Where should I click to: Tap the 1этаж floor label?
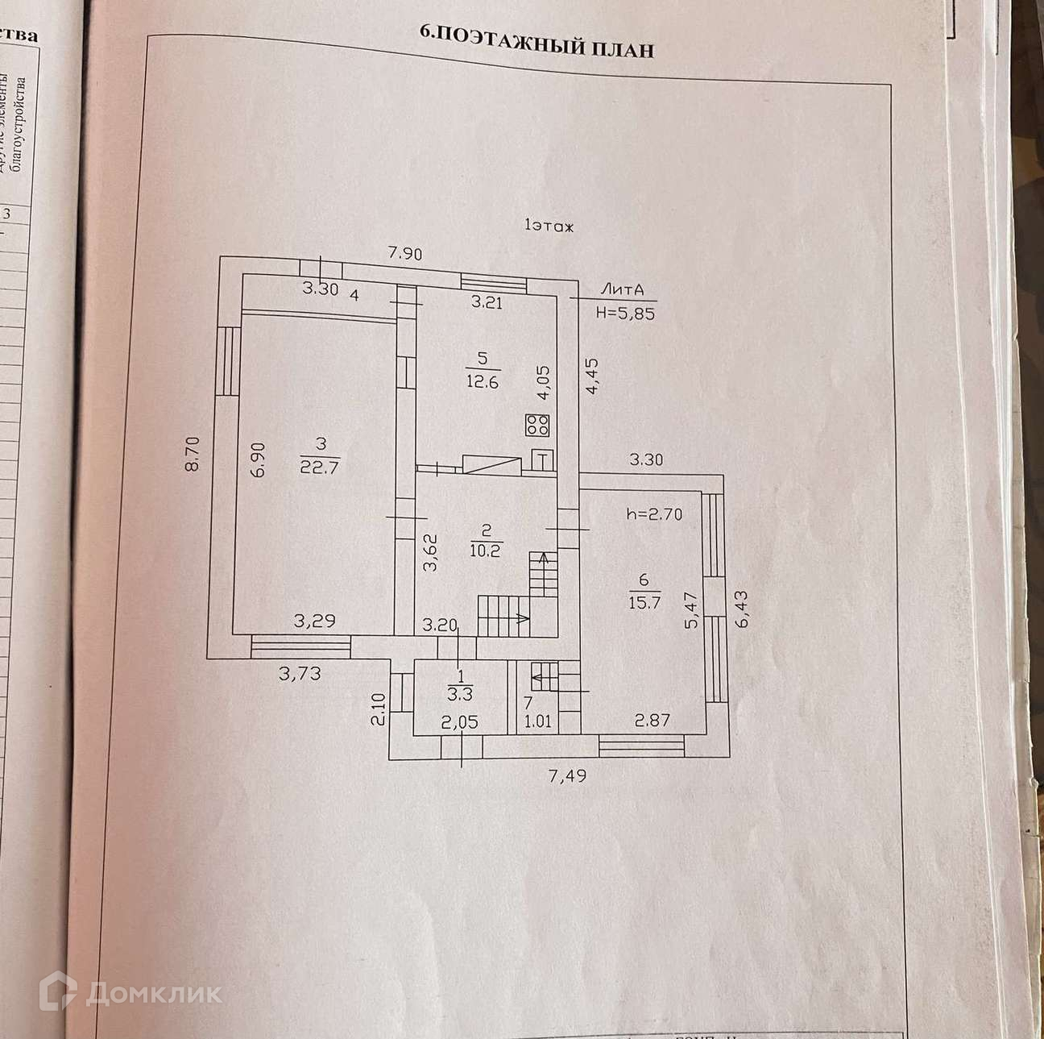(x=549, y=227)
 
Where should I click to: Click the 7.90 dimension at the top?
(x=404, y=253)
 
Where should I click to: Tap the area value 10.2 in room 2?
(x=485, y=551)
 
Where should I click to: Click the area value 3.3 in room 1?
(x=460, y=690)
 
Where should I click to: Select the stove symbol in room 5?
(x=537, y=425)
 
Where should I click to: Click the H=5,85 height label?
(x=625, y=314)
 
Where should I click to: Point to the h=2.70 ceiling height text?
(x=654, y=513)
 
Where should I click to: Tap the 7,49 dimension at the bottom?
(x=568, y=776)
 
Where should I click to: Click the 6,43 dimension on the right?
(x=741, y=609)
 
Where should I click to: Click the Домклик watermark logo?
(x=133, y=992)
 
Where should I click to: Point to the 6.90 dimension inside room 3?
(x=257, y=459)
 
